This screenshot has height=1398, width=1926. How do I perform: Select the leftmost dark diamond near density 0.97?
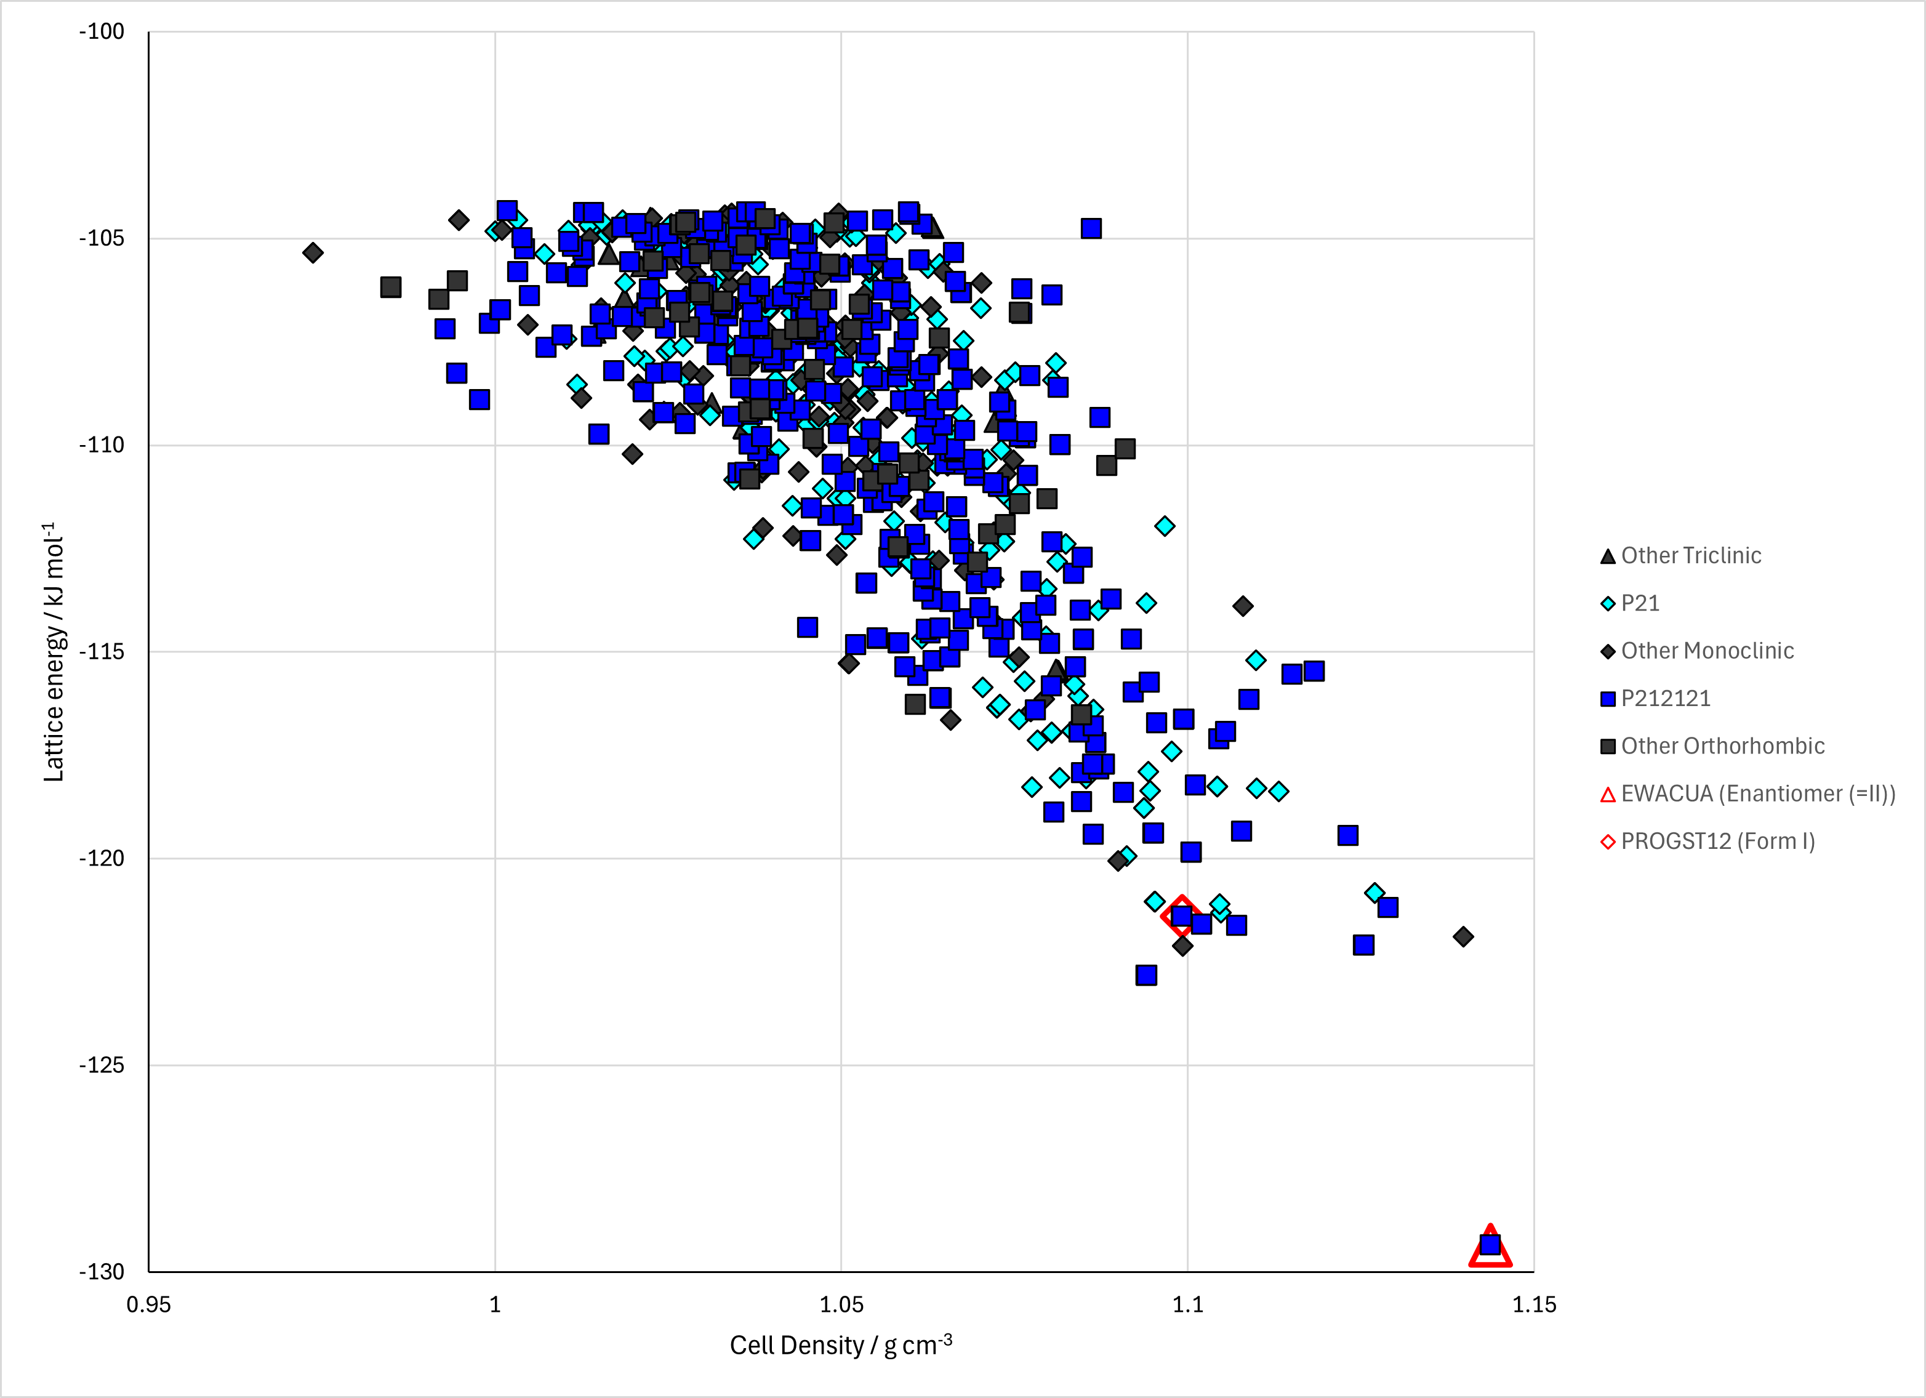point(313,252)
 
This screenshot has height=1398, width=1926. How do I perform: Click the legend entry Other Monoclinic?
point(1696,651)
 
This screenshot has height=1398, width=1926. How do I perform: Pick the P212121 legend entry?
point(1655,698)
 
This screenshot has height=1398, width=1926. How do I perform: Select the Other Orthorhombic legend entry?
point(1712,745)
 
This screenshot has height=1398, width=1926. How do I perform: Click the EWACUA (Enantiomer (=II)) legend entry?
point(1747,793)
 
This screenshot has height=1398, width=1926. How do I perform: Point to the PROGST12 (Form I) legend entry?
point(1707,841)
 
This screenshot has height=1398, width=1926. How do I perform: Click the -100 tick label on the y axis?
point(102,31)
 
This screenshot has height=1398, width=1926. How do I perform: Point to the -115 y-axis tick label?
point(102,651)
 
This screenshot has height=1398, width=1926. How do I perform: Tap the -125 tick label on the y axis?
point(102,1065)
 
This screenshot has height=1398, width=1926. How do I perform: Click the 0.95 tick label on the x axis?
point(148,1304)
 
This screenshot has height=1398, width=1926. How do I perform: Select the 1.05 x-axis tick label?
point(841,1304)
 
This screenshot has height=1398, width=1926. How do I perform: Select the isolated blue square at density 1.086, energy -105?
point(1091,228)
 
